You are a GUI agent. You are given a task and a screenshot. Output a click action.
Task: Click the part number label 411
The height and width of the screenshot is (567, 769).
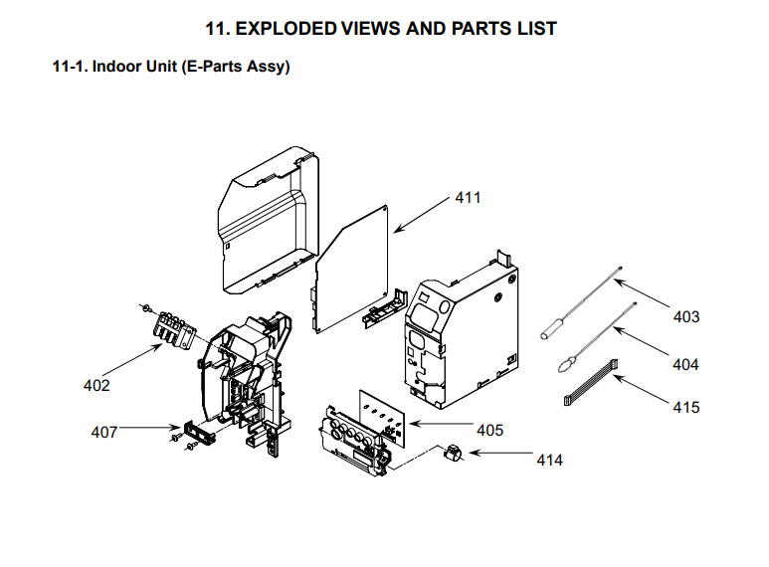pyautogui.click(x=468, y=198)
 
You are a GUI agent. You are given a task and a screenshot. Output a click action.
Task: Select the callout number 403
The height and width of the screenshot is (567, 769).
pyautogui.click(x=685, y=317)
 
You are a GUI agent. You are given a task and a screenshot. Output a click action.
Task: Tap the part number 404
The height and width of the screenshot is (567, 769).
pyautogui.click(x=685, y=365)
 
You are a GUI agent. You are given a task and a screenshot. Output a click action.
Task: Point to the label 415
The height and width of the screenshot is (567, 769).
pyautogui.click(x=685, y=407)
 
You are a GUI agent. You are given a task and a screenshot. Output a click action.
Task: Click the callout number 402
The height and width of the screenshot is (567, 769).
pyautogui.click(x=96, y=385)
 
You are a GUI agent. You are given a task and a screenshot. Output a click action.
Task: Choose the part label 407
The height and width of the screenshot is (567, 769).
pyautogui.click(x=104, y=432)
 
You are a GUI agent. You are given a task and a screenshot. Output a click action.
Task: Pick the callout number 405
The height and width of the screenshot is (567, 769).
pyautogui.click(x=489, y=431)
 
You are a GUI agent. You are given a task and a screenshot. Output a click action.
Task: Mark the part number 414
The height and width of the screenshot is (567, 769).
pyautogui.click(x=549, y=461)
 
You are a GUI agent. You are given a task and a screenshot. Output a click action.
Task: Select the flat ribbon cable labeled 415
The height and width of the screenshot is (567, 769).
pyautogui.click(x=592, y=384)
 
